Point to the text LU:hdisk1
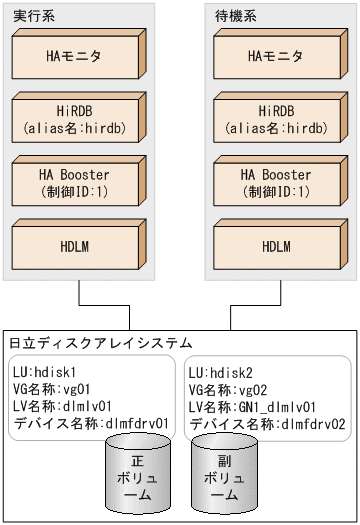coord(47,371)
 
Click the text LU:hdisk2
coord(224,371)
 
